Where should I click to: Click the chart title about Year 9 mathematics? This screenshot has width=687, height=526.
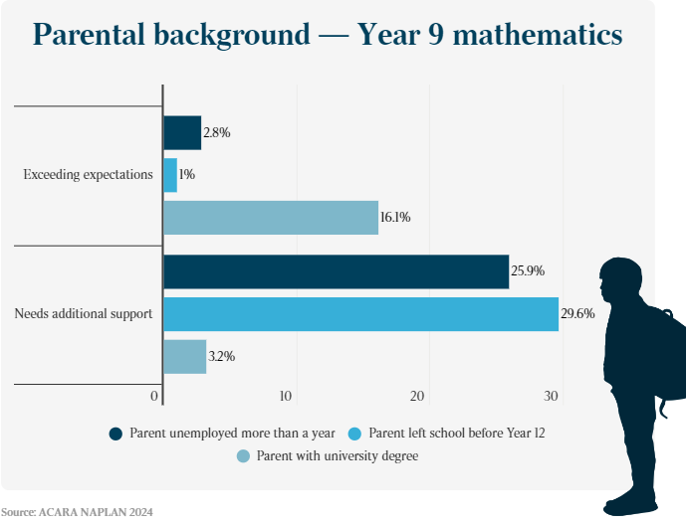[x=328, y=36]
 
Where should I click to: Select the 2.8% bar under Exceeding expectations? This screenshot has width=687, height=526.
[x=182, y=132]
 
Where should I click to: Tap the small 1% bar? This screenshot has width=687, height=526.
[x=170, y=175]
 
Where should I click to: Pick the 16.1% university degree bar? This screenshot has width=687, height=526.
[x=271, y=218]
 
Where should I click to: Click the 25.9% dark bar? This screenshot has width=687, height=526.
[x=336, y=271]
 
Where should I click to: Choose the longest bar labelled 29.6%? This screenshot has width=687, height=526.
[x=360, y=314]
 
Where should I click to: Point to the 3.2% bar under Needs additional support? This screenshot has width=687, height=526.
[x=184, y=357]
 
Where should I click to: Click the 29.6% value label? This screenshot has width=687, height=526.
[x=577, y=314]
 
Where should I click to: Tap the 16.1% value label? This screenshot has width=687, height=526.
[x=395, y=218]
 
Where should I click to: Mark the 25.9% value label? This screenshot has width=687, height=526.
[x=528, y=271]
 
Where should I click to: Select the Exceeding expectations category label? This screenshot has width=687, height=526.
[x=88, y=175]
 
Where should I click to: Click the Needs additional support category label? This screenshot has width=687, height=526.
[x=83, y=314]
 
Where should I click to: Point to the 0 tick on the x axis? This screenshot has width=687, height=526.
[x=155, y=397]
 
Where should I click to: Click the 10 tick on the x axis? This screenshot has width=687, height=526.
[x=286, y=397]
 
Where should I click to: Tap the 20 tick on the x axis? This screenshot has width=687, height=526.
[x=418, y=397]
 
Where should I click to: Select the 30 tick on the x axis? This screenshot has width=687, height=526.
[x=552, y=397]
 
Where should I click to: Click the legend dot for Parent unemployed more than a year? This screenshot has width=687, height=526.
[x=116, y=434]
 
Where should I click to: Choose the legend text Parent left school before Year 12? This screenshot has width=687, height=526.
[x=457, y=434]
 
